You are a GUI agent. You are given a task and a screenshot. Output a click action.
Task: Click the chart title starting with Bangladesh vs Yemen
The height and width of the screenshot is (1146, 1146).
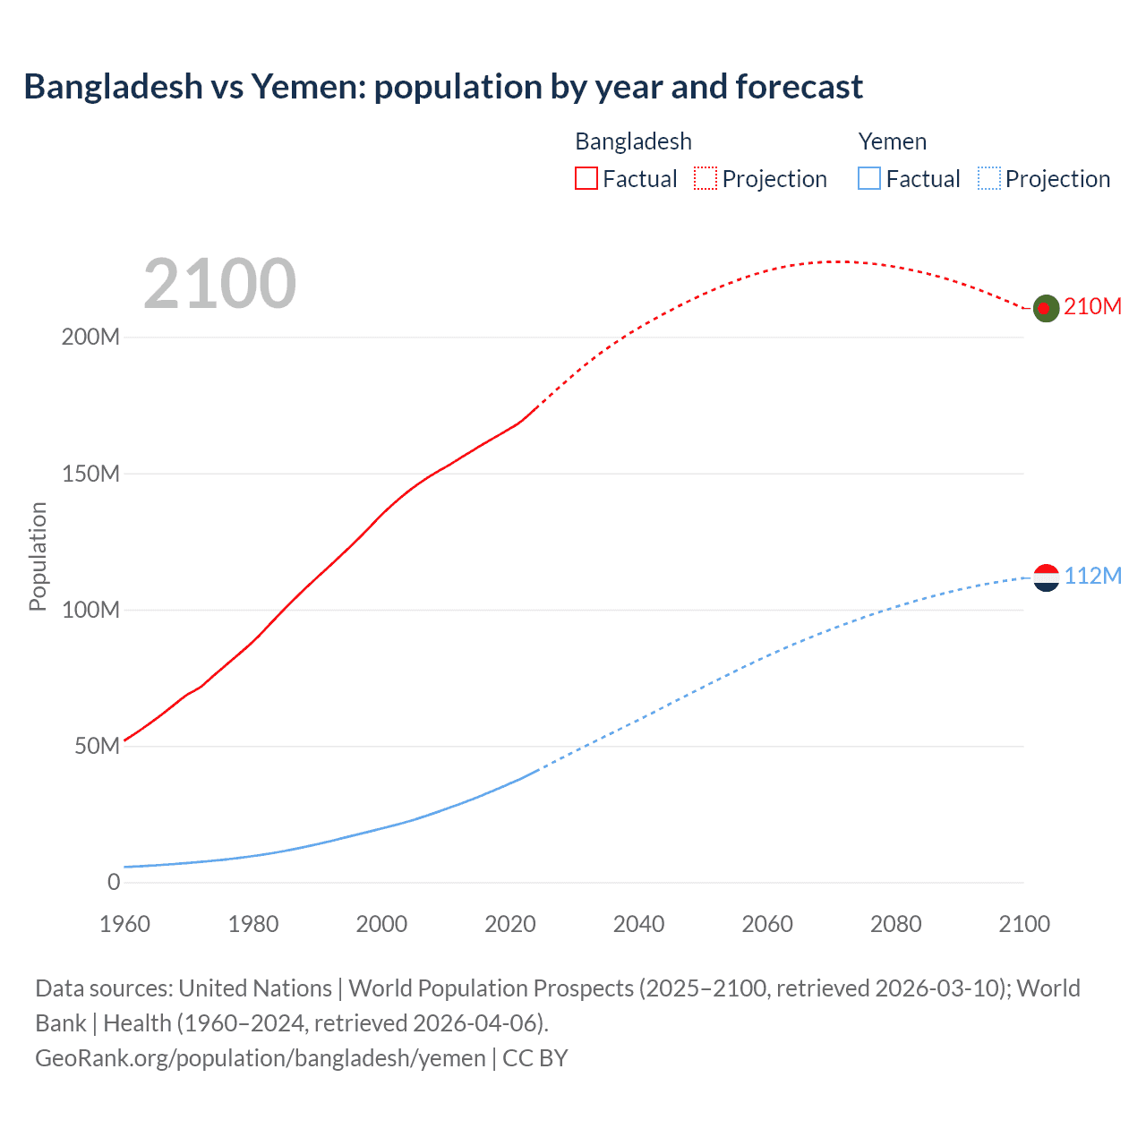coord(443,87)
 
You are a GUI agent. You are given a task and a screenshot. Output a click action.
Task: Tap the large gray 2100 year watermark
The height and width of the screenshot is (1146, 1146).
coord(219,284)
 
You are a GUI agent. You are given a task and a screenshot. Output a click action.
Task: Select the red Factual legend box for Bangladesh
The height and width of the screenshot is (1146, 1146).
coord(586,179)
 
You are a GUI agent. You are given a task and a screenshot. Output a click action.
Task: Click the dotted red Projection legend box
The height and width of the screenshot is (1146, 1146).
coord(706,179)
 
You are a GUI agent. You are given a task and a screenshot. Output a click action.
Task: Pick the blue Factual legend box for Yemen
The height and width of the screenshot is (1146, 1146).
coord(869,179)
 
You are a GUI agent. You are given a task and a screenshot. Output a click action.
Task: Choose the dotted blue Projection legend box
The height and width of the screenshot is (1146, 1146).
coord(988,179)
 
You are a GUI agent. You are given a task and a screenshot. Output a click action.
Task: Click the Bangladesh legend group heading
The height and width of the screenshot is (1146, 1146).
coord(633,141)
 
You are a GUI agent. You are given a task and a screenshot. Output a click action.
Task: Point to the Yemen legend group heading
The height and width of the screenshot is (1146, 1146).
coord(892,141)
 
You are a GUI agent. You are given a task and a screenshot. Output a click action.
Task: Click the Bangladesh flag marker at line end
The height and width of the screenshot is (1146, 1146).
coord(1046,308)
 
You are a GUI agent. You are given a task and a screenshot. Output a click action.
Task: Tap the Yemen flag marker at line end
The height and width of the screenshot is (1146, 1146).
coord(1046,577)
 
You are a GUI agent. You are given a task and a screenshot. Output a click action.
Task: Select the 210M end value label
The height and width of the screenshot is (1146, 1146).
coord(1092,306)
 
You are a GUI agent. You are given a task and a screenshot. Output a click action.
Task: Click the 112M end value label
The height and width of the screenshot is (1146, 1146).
coord(1092,576)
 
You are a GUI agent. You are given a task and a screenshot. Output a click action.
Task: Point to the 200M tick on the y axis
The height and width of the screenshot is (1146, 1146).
coord(90,338)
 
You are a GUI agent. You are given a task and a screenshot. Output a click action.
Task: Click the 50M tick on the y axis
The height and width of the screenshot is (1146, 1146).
coord(97,746)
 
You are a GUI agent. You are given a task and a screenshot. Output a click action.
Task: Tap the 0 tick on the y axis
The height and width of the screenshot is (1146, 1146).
coord(114,882)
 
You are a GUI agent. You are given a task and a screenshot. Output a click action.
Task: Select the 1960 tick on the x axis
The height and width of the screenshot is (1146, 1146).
coord(124,924)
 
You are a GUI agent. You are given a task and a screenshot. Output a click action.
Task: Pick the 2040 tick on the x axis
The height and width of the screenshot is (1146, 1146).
coord(638,924)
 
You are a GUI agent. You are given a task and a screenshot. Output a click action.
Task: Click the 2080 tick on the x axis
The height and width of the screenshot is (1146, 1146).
coord(895,924)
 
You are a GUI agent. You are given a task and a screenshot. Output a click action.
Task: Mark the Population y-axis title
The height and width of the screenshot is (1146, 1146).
coord(38,556)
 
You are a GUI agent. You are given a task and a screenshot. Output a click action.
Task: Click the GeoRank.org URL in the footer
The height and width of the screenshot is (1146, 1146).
coord(260,1058)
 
